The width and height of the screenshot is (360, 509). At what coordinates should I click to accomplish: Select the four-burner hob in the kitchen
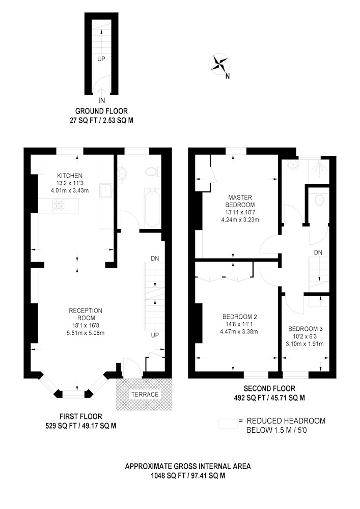pyautogui.click(x=60, y=205)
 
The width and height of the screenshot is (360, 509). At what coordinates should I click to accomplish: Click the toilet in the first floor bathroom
pyautogui.click(x=152, y=172)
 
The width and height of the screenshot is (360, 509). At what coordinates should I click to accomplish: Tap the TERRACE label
pyautogui.click(x=145, y=394)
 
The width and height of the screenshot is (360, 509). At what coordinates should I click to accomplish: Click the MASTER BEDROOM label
pyautogui.click(x=240, y=201)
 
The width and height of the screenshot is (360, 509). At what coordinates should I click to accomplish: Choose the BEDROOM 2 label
pyautogui.click(x=240, y=317)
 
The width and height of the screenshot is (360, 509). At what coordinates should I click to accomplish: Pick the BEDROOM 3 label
pyautogui.click(x=305, y=329)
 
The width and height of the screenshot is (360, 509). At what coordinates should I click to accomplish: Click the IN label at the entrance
pyautogui.click(x=102, y=101)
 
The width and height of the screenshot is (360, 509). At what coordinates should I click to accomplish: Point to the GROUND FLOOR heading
pyautogui.click(x=102, y=111)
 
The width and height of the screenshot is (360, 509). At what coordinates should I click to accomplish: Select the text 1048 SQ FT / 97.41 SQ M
pyautogui.click(x=188, y=475)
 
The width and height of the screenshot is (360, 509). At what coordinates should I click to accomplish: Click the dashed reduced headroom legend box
pyautogui.click(x=228, y=423)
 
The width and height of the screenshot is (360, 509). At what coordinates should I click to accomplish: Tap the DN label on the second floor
pyautogui.click(x=318, y=252)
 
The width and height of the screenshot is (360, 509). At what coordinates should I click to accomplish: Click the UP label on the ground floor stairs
pyautogui.click(x=101, y=59)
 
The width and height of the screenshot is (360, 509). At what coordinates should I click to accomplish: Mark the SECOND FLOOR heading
pyautogui.click(x=269, y=388)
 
